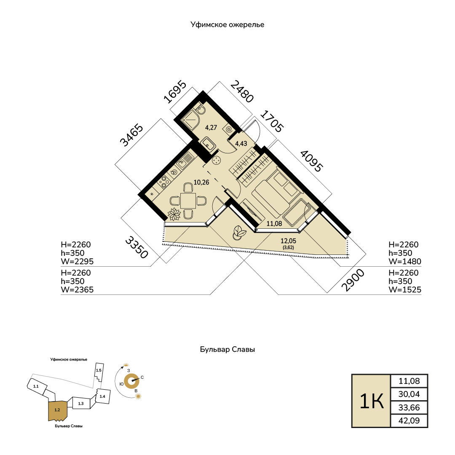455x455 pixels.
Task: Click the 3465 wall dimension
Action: tap(132, 136)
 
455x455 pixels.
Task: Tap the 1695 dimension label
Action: tap(175, 92)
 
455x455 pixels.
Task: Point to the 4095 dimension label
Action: tap(311, 161)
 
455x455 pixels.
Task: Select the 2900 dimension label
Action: tap(353, 280)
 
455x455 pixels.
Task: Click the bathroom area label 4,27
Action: tap(211, 127)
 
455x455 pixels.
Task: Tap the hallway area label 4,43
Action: tap(241, 143)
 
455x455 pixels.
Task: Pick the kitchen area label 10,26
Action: tap(201, 182)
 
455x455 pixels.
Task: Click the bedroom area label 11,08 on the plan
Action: tap(274, 223)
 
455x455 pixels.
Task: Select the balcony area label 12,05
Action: tap(289, 241)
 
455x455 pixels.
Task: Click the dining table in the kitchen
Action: tap(188, 201)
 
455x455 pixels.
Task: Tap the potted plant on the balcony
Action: tap(240, 233)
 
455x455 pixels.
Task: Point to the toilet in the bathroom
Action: tap(201, 109)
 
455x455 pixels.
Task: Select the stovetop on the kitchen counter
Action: tap(164, 182)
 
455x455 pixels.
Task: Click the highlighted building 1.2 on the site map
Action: tap(58, 410)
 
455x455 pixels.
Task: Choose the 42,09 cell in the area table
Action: tap(409, 420)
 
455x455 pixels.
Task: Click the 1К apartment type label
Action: tap(372, 401)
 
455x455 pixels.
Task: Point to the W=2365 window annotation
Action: tap(77, 289)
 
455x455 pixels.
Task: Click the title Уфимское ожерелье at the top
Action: tap(227, 25)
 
